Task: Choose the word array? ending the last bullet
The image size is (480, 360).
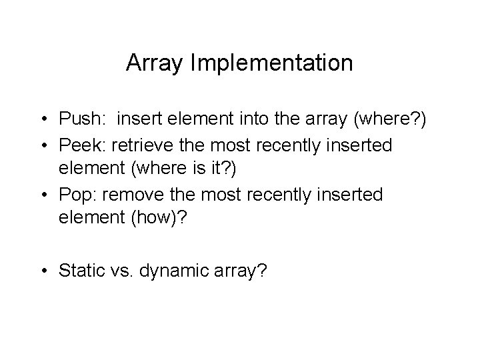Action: pyautogui.click(x=241, y=271)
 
